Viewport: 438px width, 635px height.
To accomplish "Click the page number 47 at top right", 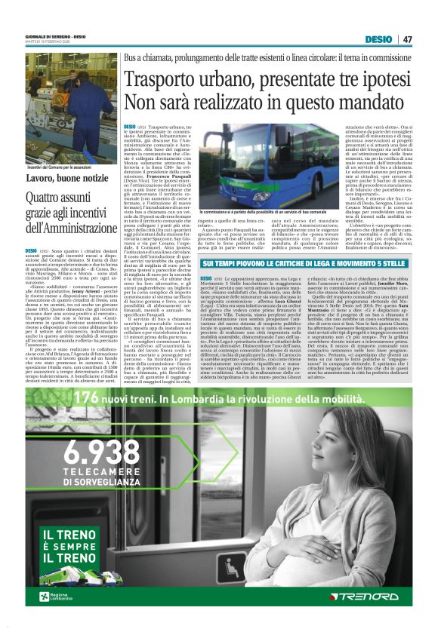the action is coord(408,39).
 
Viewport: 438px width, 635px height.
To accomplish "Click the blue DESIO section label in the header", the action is coord(378,39).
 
